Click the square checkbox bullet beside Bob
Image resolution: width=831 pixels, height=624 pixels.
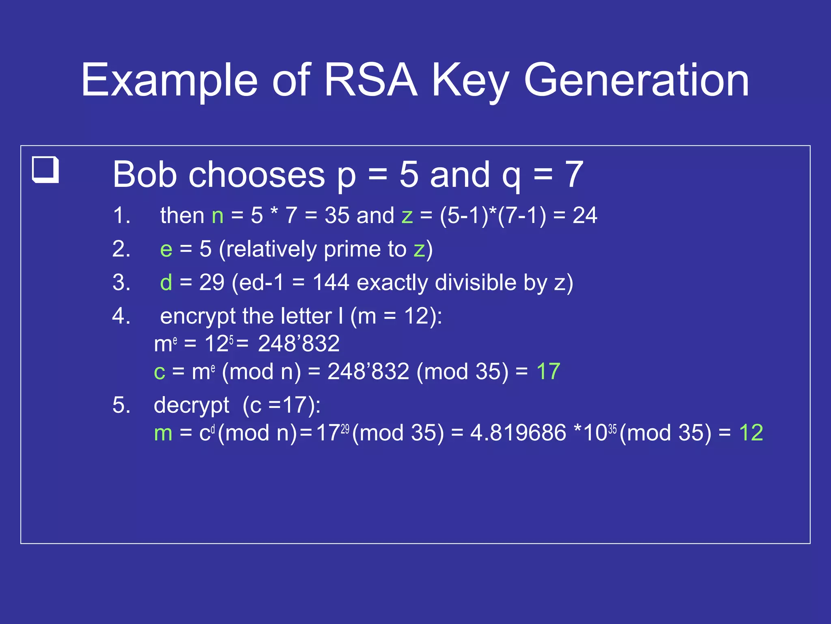pos(45,169)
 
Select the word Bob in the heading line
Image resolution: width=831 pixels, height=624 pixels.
pos(144,175)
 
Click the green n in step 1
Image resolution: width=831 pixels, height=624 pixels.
pos(217,216)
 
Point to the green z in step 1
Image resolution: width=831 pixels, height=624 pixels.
pos(407,216)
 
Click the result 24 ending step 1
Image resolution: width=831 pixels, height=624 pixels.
pos(585,215)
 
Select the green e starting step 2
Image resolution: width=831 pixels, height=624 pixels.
pos(166,249)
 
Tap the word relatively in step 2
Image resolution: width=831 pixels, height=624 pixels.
pos(271,249)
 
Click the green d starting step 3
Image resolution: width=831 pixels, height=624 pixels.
pos(166,282)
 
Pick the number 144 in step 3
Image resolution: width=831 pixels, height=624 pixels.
pos(331,282)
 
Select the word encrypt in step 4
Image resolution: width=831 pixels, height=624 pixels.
pos(198,316)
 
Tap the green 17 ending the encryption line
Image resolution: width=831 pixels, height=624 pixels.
pos(548,371)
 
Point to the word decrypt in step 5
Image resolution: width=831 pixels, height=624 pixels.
pos(192,405)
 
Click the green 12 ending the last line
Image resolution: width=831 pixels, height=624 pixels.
pos(751,433)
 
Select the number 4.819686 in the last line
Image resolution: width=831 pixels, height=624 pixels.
pos(518,433)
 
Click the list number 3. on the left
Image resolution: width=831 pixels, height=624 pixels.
pos(121,282)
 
